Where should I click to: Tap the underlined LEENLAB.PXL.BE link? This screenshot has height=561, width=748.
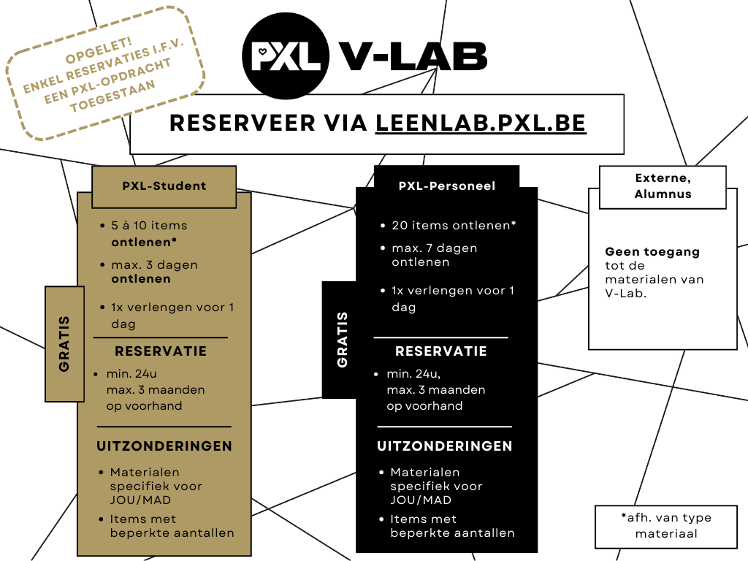pos(481,123)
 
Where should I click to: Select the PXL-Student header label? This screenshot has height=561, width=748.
pos(164,186)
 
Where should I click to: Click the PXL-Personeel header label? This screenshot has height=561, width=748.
pos(446,186)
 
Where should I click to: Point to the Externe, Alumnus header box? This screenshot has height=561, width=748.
pos(663,186)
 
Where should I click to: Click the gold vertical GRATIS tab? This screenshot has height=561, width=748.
pos(64,343)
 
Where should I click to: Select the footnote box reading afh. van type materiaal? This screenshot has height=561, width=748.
pos(665,526)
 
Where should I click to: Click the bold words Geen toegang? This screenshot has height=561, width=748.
pos(642,252)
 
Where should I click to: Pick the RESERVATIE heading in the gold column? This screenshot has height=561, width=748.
pos(161,351)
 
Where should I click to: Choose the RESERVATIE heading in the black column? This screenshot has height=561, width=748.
pos(440,351)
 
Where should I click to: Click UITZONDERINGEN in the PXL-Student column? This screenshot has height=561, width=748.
pos(164,446)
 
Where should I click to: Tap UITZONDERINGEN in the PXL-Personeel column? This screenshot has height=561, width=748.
pos(445,446)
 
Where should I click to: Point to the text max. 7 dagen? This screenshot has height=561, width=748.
pos(434,248)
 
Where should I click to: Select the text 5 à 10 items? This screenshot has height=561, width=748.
pos(149,226)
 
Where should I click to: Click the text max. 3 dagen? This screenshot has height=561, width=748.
pos(154,265)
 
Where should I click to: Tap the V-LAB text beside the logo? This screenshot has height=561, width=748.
pos(412,56)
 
